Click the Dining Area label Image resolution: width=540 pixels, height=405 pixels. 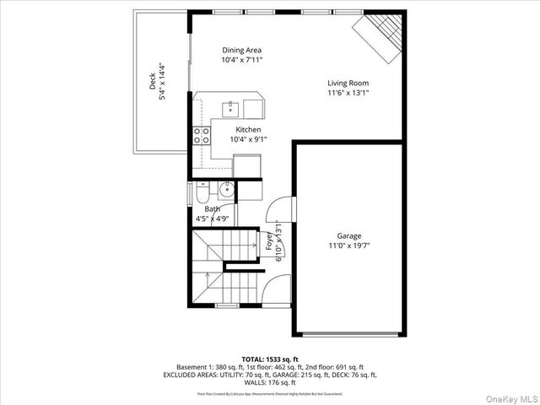point(241,50)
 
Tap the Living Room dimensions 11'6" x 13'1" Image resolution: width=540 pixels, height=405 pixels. point(348,94)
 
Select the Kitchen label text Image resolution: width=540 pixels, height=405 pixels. point(247,129)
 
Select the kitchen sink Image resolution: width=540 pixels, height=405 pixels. point(229,108)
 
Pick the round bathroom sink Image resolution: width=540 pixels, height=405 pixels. point(226,190)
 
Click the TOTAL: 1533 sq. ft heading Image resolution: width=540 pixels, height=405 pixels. point(269,359)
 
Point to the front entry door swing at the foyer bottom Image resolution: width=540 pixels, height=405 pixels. point(273,291)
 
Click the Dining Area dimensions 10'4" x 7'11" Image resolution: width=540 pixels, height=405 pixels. point(242,61)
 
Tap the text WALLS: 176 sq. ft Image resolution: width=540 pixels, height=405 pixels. point(269,382)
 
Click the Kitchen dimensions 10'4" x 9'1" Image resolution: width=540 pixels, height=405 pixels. point(247,140)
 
